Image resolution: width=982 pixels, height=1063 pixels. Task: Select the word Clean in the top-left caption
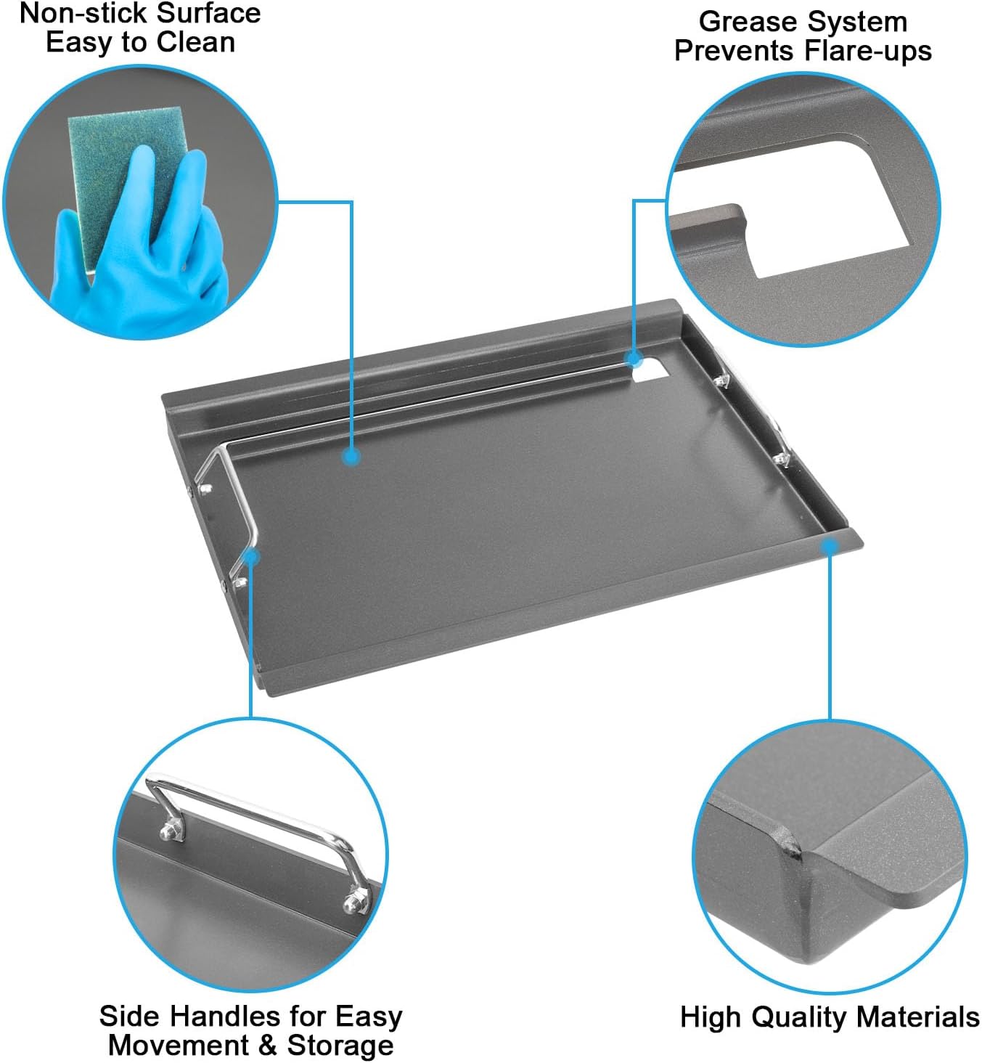coord(196,42)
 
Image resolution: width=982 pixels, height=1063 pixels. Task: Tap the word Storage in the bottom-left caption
coord(340,1046)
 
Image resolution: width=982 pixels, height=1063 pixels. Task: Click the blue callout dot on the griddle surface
coord(352,457)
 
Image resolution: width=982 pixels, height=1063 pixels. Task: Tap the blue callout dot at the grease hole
coord(634,359)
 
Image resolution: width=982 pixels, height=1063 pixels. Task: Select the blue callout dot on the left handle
coord(251,557)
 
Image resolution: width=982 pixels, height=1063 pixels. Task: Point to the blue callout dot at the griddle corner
coord(830,546)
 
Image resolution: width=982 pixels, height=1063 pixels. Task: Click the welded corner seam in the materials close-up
coord(791,847)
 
